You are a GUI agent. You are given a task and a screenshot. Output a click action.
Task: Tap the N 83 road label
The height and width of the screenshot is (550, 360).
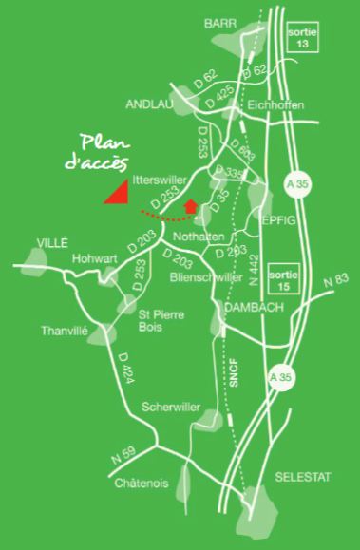click(334, 279)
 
